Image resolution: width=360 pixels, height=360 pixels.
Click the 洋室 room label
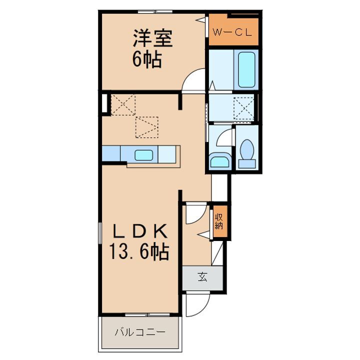click(152, 39)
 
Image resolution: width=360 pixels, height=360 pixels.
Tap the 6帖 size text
click(146, 60)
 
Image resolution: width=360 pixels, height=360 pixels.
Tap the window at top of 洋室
click(155, 11)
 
